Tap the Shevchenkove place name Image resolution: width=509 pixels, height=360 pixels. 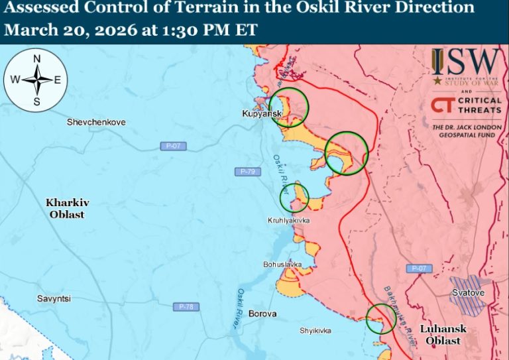(96, 123)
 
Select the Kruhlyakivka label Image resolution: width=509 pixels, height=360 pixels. (288, 220)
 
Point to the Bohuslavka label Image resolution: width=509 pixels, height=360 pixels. (282, 265)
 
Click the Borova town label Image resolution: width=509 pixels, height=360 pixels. (262, 314)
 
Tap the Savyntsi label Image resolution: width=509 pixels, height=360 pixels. (54, 299)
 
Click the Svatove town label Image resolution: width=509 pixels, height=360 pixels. (469, 292)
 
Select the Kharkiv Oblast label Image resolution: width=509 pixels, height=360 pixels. (67, 208)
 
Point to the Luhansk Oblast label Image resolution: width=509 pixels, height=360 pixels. (443, 334)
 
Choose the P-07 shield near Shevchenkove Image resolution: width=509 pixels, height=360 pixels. (170, 145)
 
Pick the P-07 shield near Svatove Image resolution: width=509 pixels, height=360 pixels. (418, 269)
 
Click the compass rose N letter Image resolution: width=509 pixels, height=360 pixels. (37, 58)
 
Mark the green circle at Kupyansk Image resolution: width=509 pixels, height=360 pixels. (289, 107)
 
